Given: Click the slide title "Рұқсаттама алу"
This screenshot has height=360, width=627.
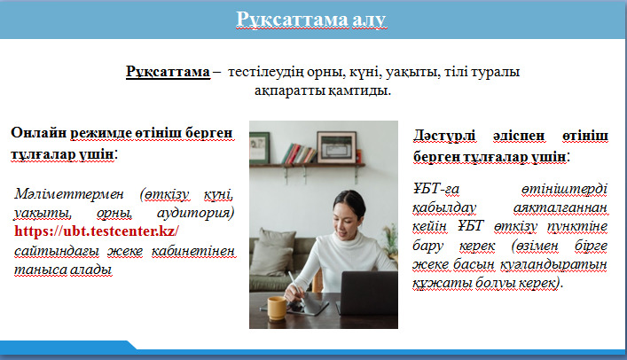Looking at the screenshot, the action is pos(311,20).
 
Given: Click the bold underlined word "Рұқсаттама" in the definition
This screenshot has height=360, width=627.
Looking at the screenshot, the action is pos(168,72).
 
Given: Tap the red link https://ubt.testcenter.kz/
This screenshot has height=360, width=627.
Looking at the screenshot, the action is pos(97,231).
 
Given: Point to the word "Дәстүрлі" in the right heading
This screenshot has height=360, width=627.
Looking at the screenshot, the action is pos(444,135).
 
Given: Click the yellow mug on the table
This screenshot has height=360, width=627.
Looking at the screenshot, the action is pos(277,308).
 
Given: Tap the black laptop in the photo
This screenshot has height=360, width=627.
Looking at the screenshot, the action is pos(368,293).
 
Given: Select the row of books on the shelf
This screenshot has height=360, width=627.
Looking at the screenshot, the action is pos(300,153).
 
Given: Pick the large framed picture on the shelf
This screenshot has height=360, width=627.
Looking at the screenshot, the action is pos(336,147).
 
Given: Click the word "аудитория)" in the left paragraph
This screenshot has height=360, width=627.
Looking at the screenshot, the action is pos(195,213).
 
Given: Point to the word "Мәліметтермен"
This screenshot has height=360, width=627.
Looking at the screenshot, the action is pos(69,194).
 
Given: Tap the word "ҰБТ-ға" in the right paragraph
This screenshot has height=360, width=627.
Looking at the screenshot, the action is pos(436,188).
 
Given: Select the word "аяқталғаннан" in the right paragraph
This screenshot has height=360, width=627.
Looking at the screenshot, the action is pos(560,207).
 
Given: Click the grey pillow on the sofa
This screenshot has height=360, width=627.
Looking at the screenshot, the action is pos(271,257).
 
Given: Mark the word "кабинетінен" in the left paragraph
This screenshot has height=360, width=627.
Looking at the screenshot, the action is pos(193,251).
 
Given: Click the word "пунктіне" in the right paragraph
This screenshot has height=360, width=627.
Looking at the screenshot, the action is pos(577,227).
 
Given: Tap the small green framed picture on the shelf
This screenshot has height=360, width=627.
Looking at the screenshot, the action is pos(259,148).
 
